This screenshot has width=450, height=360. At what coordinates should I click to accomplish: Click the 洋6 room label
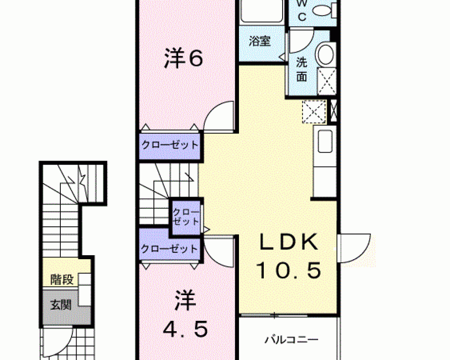pyautogui.click(x=184, y=58)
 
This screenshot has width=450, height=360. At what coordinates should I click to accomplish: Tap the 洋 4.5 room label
pyautogui.click(x=185, y=314)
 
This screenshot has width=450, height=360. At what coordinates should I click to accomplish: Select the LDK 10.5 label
pyautogui.click(x=288, y=256)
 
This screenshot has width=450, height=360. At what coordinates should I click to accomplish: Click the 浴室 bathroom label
pyautogui.click(x=260, y=41)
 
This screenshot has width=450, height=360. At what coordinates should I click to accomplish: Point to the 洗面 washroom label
pyautogui.click(x=301, y=69)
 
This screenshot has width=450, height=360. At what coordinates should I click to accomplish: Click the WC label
pyautogui.click(x=302, y=10)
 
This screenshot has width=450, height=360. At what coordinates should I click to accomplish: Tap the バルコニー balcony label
pyautogui.click(x=291, y=340)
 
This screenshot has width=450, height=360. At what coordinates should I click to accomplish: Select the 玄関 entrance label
pyautogui.click(x=61, y=305)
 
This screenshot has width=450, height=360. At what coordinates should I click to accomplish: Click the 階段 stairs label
pyautogui.click(x=62, y=279)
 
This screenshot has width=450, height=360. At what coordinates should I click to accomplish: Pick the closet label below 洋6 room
pyautogui.click(x=170, y=145)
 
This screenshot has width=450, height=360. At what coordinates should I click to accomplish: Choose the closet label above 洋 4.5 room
pyautogui.click(x=169, y=248)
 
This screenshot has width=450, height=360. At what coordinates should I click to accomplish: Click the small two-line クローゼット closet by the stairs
pyautogui.click(x=186, y=217)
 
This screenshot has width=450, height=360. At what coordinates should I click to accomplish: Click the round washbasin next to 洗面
pyautogui.click(x=326, y=54)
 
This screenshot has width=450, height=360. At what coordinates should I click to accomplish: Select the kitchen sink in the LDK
pyautogui.click(x=325, y=141)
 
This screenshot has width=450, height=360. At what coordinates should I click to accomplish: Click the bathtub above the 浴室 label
pyautogui.click(x=262, y=11)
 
